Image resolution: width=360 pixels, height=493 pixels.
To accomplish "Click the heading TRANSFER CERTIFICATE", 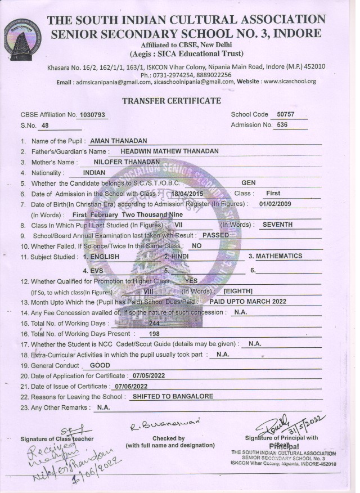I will (x=172, y=101).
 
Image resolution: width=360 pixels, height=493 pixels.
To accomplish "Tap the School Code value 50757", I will (x=282, y=114).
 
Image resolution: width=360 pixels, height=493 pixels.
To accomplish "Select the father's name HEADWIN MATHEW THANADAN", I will (x=169, y=151).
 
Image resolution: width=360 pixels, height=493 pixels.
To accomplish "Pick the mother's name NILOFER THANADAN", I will (x=127, y=162).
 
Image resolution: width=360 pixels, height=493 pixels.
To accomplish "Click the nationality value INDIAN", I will (x=94, y=172).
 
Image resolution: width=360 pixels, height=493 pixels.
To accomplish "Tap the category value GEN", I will (x=248, y=183).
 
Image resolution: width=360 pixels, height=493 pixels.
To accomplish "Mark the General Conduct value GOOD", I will (x=100, y=365).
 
